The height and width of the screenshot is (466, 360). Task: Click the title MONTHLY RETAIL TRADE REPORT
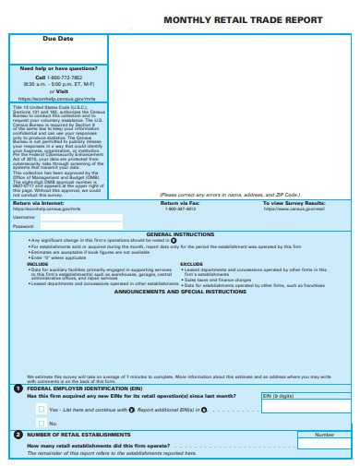click(243, 19)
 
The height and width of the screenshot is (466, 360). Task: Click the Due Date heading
click(58, 39)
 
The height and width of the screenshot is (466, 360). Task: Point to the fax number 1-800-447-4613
click(181, 234)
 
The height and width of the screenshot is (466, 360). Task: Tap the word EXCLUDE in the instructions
click(192, 289)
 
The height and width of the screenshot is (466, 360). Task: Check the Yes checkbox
click(42, 408)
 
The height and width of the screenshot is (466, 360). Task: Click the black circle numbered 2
click(18, 433)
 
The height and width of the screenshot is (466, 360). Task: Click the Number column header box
click(324, 434)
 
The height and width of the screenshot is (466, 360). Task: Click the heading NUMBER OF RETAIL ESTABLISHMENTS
click(78, 434)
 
